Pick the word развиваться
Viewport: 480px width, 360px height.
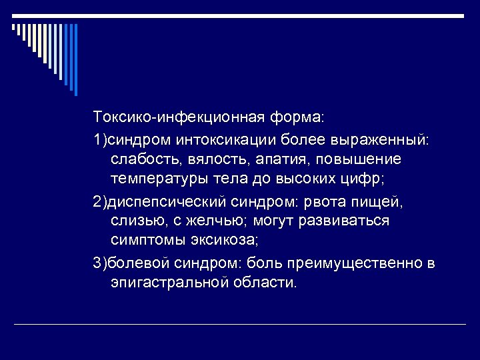tap(342, 221)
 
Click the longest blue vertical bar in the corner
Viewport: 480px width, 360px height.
tap(75, 60)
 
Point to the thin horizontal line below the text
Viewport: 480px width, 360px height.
tap(240, 325)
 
